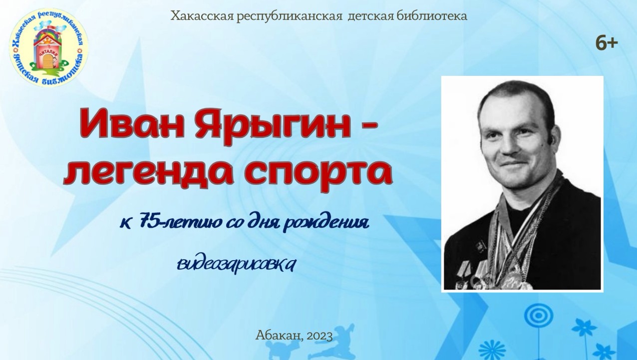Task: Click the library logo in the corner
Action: pos(48,49)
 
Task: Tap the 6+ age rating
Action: pos(607,43)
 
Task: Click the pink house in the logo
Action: pos(48,52)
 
